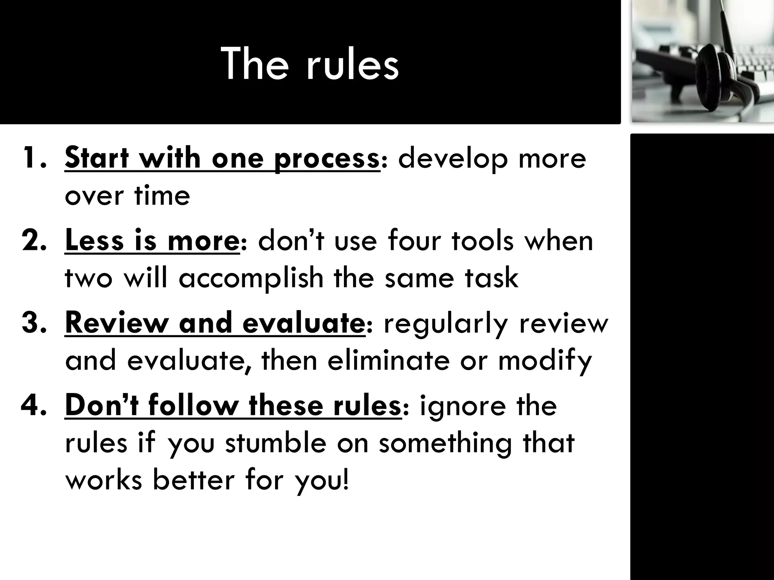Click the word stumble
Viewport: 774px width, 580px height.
point(276,443)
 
